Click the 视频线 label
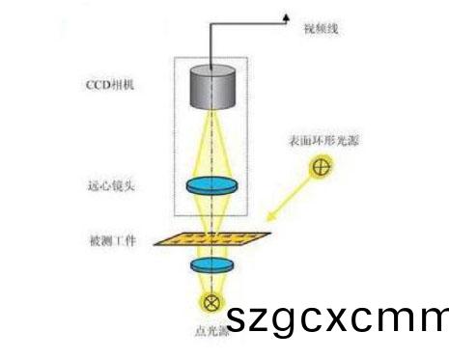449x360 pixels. (x=322, y=29)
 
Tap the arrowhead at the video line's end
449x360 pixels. (x=286, y=16)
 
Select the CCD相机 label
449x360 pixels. (x=108, y=85)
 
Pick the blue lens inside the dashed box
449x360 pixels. (x=212, y=186)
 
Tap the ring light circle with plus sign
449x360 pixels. (x=323, y=168)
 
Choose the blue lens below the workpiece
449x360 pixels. (x=212, y=264)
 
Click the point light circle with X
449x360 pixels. (x=212, y=300)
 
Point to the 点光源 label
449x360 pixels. (x=210, y=331)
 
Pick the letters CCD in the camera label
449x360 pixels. (x=97, y=85)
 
